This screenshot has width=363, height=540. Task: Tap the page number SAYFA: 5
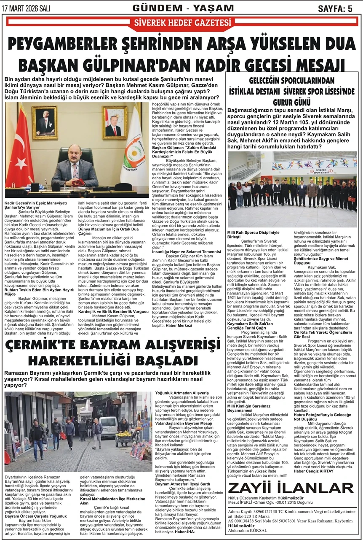point(335,8)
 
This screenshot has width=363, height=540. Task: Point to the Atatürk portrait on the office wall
point(45,123)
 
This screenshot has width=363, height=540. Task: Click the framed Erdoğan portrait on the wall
point(115,122)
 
